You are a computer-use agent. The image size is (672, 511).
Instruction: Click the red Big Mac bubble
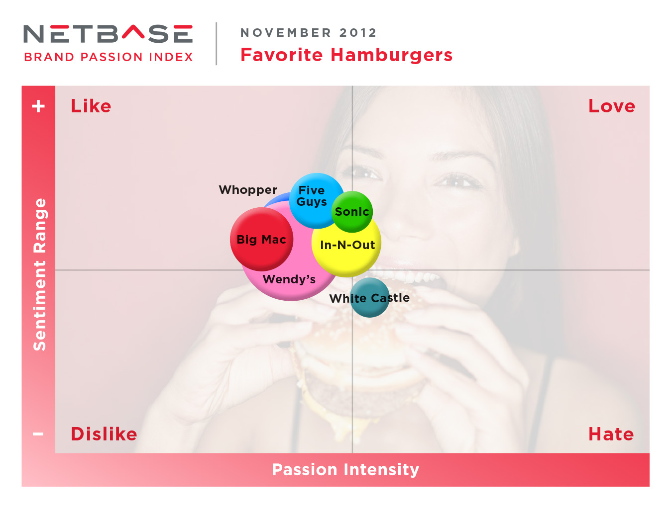(x=261, y=239)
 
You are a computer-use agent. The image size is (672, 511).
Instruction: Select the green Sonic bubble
(x=352, y=211)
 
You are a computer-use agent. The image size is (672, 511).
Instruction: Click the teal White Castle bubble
(x=369, y=297)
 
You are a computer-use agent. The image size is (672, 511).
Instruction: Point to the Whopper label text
(x=248, y=190)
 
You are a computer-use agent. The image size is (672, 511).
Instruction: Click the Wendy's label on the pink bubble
(x=289, y=279)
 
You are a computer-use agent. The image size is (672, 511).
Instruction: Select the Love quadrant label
(x=611, y=106)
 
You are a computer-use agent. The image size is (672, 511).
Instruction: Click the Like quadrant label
(x=91, y=106)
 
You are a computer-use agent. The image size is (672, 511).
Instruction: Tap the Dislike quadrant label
(x=104, y=433)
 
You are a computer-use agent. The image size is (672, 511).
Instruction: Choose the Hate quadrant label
(x=611, y=434)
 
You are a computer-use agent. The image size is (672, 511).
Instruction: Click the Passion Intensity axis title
(x=345, y=469)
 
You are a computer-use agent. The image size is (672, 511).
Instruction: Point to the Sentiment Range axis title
(x=40, y=274)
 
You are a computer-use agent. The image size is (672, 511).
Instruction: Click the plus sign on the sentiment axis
(x=38, y=106)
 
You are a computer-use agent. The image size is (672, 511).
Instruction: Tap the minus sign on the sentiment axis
(x=38, y=434)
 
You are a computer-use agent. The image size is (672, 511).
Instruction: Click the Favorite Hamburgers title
(x=346, y=55)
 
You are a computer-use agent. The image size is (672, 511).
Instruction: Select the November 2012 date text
(x=308, y=33)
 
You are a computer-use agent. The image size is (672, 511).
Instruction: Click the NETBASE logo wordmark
(x=108, y=34)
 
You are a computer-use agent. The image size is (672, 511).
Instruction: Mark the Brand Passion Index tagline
(x=109, y=57)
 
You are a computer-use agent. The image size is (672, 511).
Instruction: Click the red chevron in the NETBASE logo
(x=133, y=32)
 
